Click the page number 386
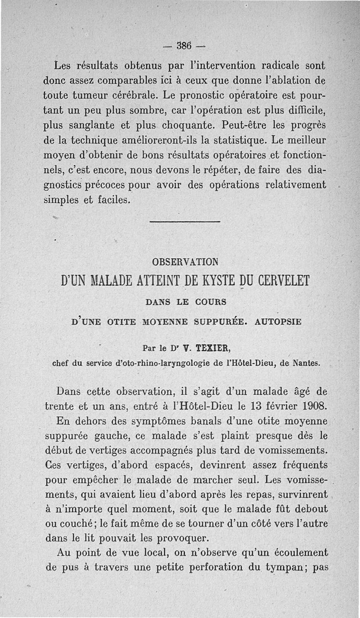(184, 45)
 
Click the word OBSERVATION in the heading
(185, 262)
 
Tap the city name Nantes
(306, 361)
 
